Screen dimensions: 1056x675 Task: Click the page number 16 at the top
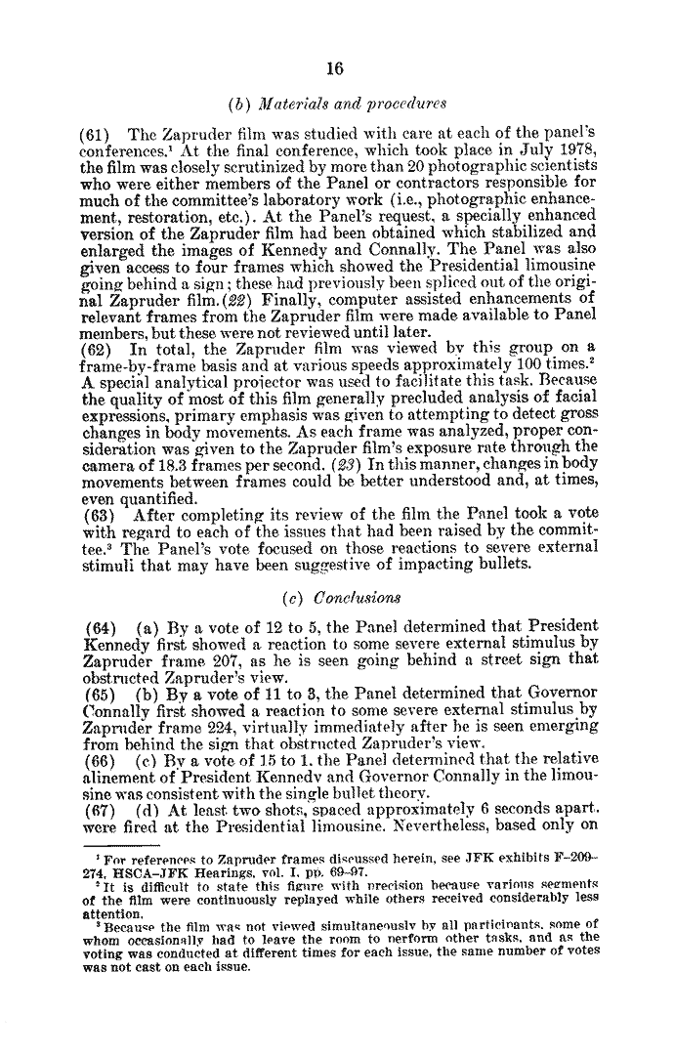point(337,68)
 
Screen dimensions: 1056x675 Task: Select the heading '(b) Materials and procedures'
point(336,104)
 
